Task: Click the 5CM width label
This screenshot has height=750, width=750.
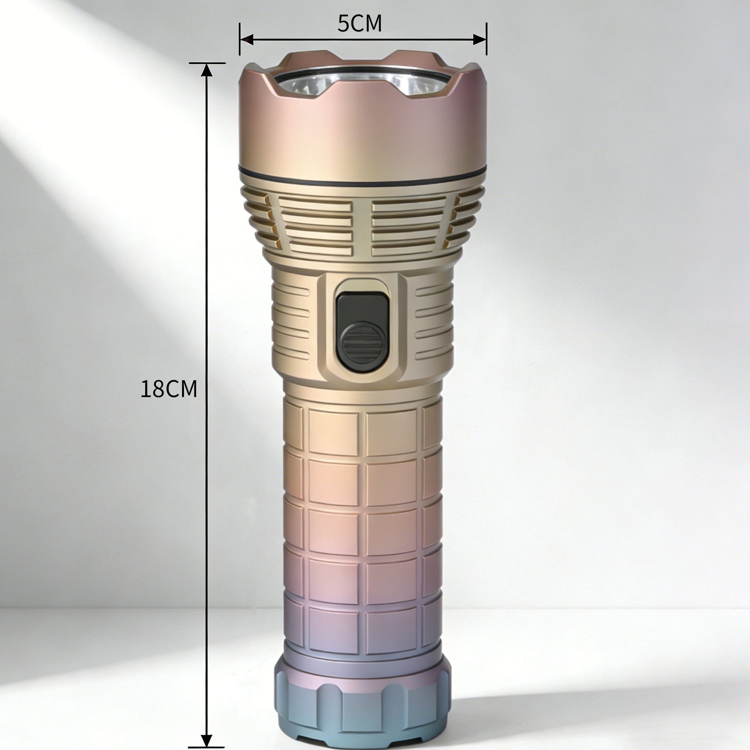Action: click(359, 24)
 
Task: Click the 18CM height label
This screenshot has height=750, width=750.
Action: click(169, 389)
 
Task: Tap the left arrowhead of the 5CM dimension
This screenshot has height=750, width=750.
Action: click(247, 39)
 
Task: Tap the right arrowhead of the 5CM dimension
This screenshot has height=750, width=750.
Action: click(479, 39)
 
